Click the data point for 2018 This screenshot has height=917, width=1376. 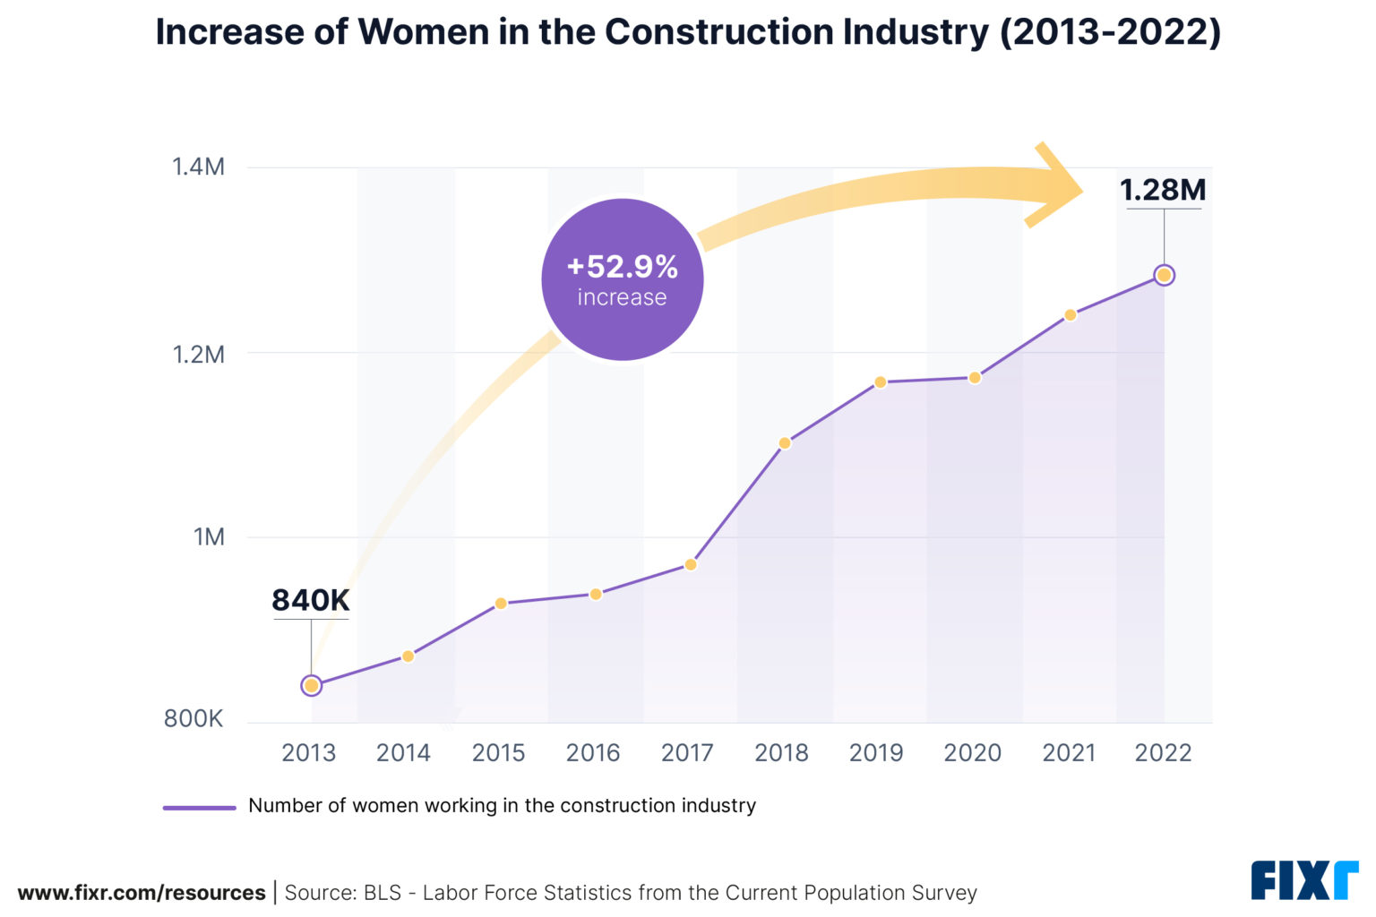(x=785, y=443)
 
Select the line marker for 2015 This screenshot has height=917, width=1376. (x=501, y=604)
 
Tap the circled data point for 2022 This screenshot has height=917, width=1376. (x=1164, y=276)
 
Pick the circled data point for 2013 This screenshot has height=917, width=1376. (x=311, y=686)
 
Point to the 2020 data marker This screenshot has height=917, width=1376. (x=975, y=378)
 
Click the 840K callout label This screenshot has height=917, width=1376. (x=310, y=601)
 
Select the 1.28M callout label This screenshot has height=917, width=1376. (x=1163, y=191)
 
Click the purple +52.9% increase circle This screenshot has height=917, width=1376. (x=623, y=280)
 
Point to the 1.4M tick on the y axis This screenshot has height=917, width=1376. (x=198, y=167)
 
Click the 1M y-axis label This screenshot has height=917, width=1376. (x=209, y=537)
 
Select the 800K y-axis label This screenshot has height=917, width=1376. (x=193, y=719)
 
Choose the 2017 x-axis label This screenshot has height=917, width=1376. (x=687, y=753)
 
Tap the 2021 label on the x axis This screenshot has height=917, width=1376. (x=1069, y=753)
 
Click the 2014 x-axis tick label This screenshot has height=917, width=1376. (x=403, y=753)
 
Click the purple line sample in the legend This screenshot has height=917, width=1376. (x=199, y=807)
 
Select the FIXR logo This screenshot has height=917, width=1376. (x=1303, y=880)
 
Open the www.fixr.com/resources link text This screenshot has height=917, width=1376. (x=142, y=893)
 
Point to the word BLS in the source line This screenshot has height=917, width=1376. (x=382, y=893)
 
